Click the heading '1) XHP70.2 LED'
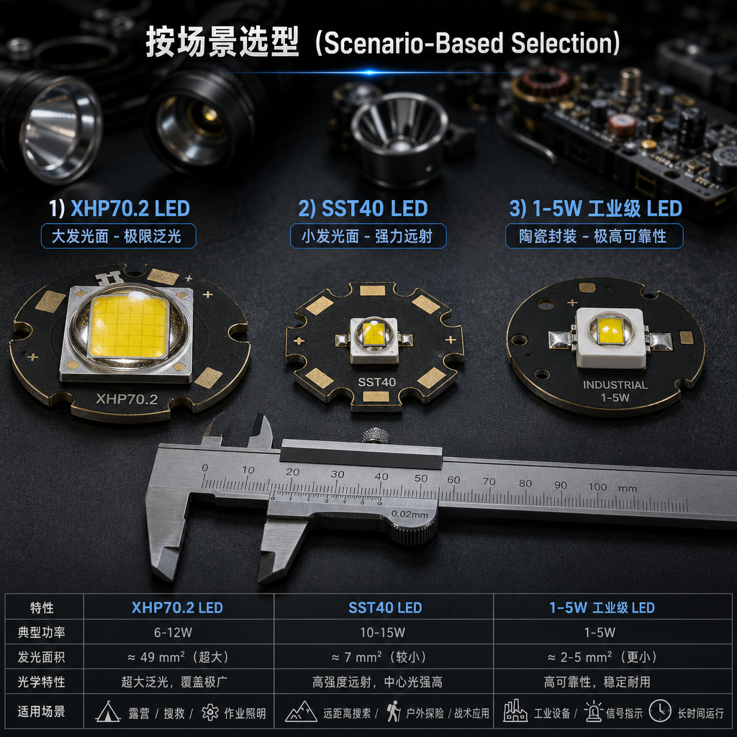(119, 208)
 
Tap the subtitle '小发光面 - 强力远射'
(367, 236)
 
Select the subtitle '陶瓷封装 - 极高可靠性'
(593, 236)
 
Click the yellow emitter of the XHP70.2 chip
(128, 326)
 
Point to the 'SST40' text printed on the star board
(377, 382)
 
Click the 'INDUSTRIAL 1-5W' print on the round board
(615, 391)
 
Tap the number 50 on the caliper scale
(421, 478)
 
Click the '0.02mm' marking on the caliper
(410, 514)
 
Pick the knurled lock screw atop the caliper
(376, 435)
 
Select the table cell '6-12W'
(173, 632)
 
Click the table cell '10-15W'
(383, 632)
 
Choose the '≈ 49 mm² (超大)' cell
(178, 656)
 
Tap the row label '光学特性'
(41, 682)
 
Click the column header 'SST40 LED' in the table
(385, 607)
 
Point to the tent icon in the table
(108, 712)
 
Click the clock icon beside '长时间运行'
(660, 710)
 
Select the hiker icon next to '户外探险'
(394, 711)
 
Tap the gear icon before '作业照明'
(210, 713)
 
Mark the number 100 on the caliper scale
(597, 487)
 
